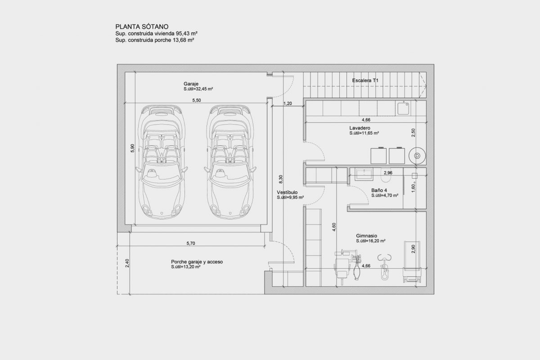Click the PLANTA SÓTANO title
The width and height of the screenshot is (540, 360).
(x=142, y=27)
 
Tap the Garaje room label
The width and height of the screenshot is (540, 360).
(x=191, y=84)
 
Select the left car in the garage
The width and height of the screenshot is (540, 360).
(x=162, y=162)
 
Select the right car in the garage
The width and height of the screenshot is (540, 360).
(x=230, y=162)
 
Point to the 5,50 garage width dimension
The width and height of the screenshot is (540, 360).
(x=197, y=100)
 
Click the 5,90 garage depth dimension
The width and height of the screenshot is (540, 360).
(x=132, y=148)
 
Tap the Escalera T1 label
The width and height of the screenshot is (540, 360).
(x=365, y=80)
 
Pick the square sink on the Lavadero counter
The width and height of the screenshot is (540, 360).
(x=403, y=108)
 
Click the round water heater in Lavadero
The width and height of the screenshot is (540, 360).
(x=417, y=156)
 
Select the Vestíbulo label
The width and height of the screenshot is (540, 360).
(x=287, y=192)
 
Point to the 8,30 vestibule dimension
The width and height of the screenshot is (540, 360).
(x=281, y=179)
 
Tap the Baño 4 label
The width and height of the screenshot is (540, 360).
(x=379, y=190)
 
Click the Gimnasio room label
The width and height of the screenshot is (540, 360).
(x=366, y=236)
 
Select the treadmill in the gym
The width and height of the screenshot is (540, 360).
(x=412, y=261)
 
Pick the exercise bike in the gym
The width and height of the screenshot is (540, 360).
(x=384, y=267)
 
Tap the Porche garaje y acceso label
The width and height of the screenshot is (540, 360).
(x=197, y=261)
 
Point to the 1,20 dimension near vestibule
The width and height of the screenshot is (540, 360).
(x=288, y=103)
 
